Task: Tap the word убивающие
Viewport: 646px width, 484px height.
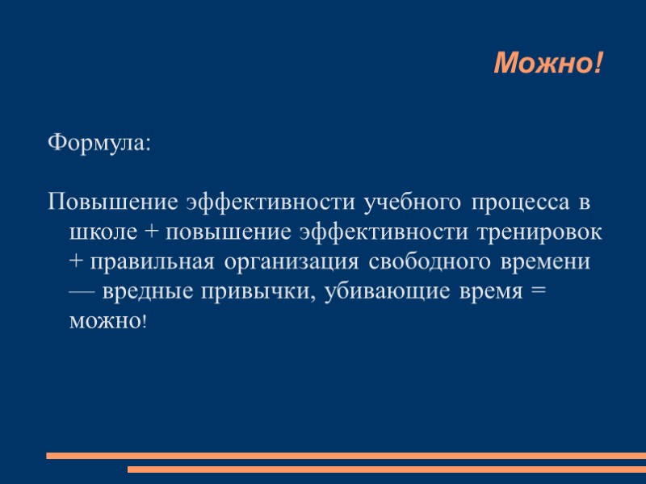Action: coord(378,291)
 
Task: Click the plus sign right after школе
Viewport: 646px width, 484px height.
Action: coord(153,232)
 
